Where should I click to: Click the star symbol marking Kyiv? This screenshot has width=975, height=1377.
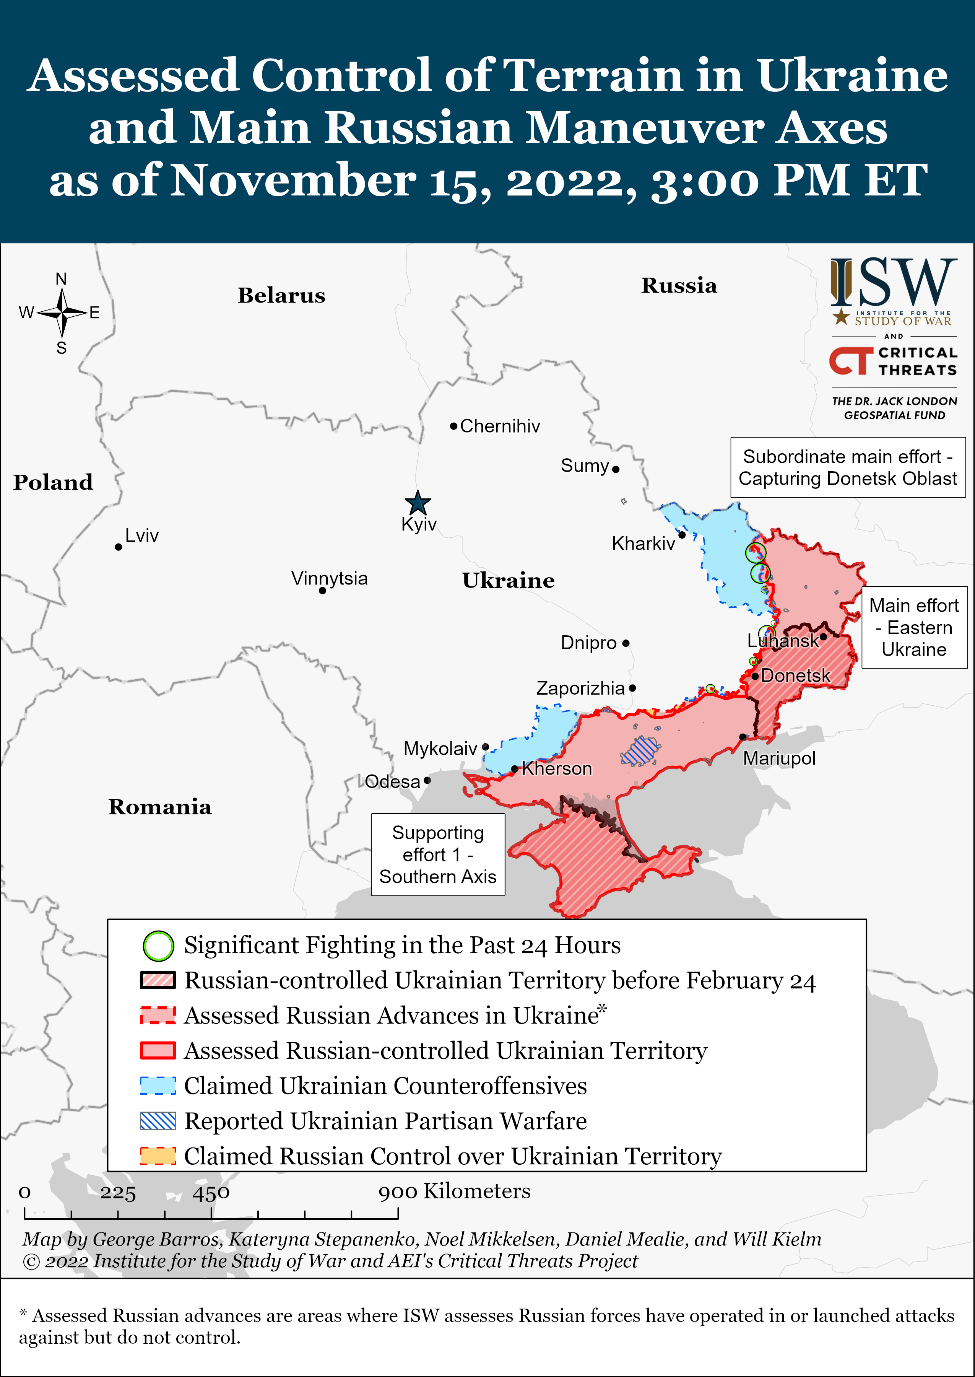coord(417,503)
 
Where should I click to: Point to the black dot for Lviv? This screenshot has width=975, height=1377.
coord(118,547)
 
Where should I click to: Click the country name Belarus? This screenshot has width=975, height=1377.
coord(281,295)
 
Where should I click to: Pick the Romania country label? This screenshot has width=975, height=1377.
coord(160,807)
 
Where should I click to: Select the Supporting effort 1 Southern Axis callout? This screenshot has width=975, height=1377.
coord(438,855)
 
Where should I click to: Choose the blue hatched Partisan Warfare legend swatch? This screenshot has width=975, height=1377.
coord(158,1121)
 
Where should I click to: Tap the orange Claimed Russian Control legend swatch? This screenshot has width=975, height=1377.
coord(158,1156)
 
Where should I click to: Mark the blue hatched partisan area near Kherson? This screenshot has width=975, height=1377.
coord(640,750)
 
